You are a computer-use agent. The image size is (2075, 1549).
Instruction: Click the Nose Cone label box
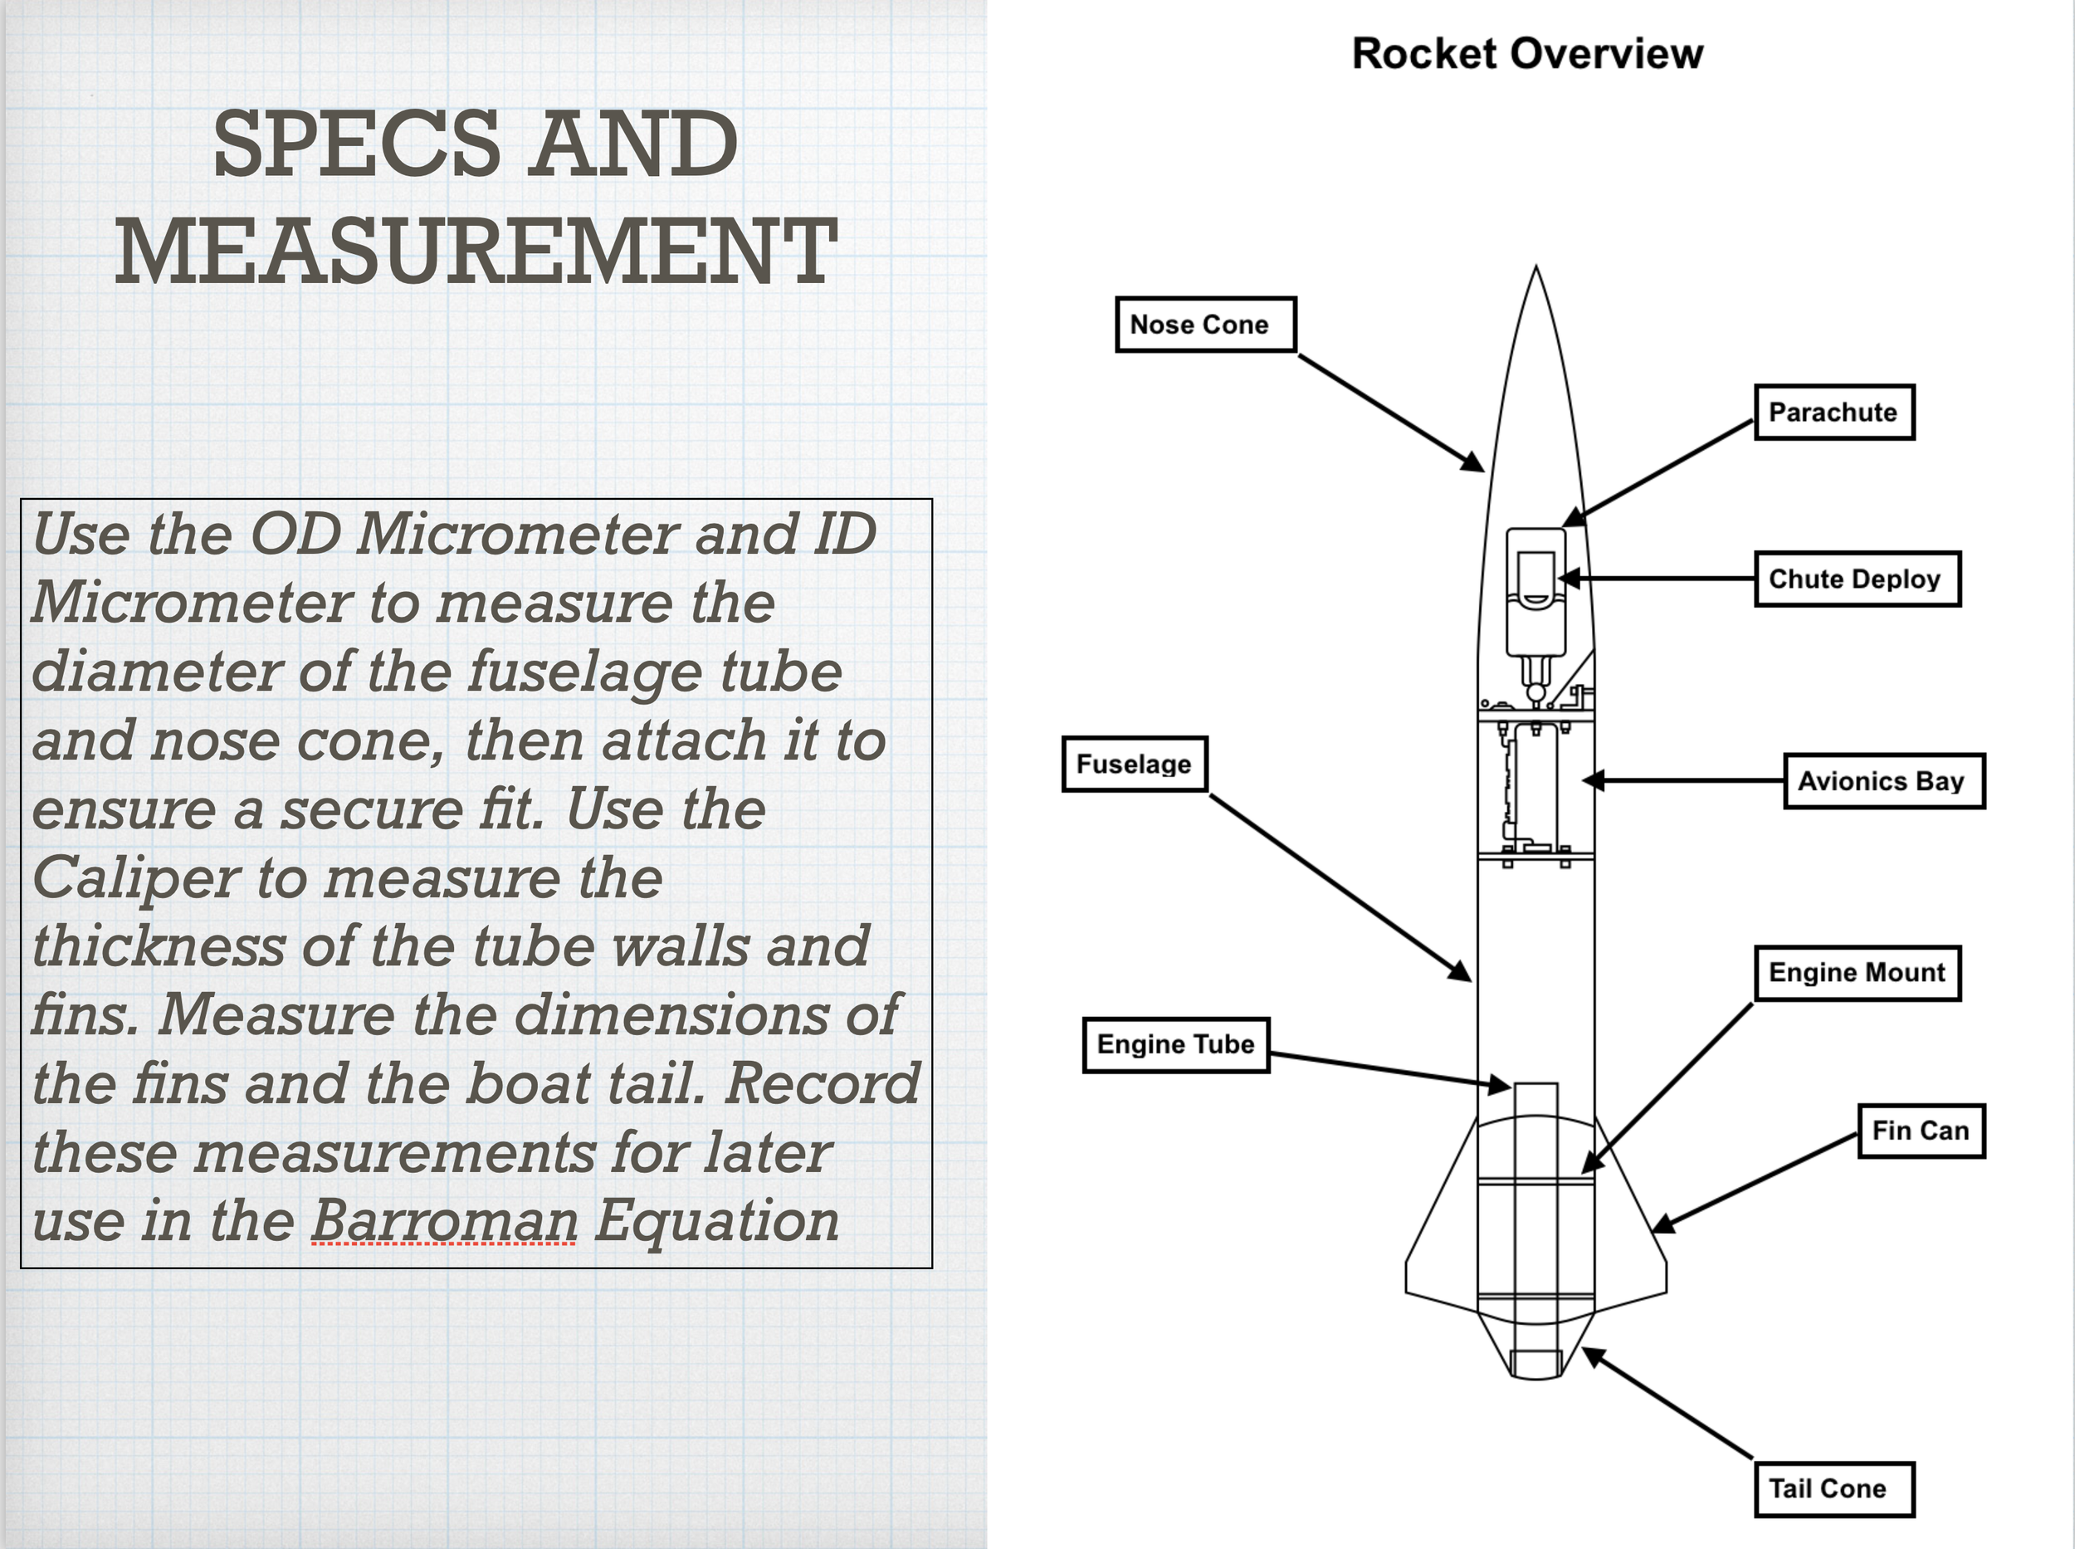(1205, 325)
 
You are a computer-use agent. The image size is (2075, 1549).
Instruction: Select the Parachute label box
(1833, 413)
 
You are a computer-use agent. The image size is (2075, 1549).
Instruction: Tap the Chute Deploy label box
(1857, 579)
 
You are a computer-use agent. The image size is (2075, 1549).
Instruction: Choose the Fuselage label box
(1134, 765)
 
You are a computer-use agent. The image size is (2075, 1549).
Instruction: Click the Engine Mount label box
(1857, 973)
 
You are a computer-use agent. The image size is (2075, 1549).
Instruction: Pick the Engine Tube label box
(1176, 1044)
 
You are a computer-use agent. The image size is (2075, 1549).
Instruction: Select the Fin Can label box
(1921, 1131)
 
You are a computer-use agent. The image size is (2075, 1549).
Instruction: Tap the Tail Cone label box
(1833, 1489)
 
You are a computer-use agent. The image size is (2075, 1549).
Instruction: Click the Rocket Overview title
(1527, 53)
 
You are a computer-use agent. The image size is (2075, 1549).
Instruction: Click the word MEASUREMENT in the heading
(476, 252)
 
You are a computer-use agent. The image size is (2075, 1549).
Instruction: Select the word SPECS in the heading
(356, 144)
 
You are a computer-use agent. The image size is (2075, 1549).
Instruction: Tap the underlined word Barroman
(444, 1221)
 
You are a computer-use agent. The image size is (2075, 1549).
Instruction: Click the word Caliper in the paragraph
(137, 878)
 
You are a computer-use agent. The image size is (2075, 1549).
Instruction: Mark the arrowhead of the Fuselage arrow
(1461, 972)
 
